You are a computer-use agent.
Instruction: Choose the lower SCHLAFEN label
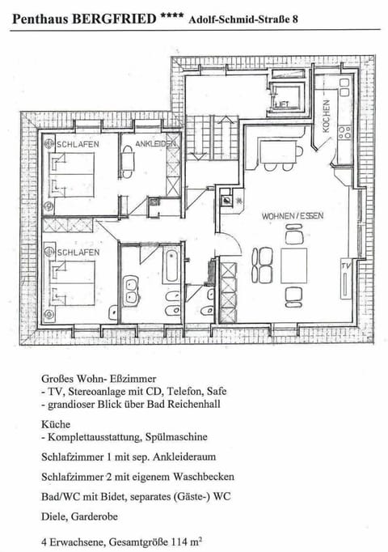pos(78,253)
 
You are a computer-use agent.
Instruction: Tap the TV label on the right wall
pos(347,265)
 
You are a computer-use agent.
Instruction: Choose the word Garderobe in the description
pos(101,513)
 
